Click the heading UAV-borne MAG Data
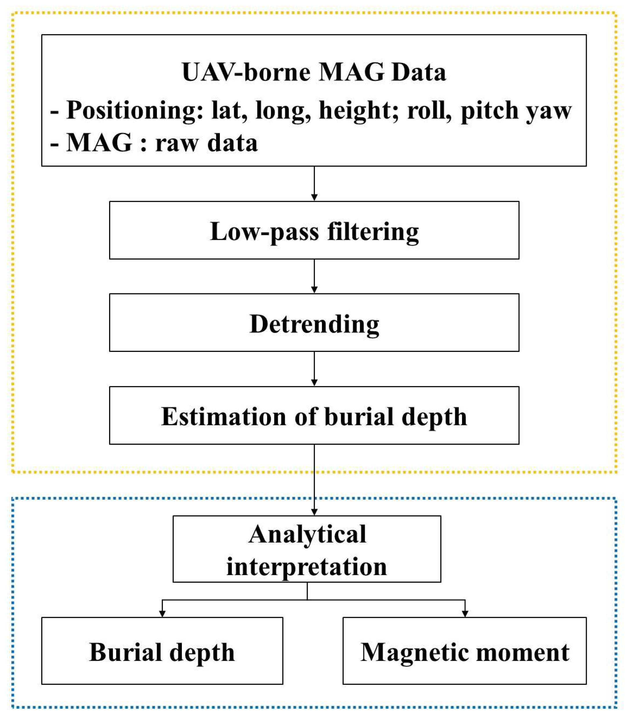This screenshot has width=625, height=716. coord(314,72)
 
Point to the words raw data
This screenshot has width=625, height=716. coord(206,143)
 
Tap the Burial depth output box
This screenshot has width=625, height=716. coord(162,652)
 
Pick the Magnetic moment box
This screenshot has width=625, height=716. coord(464,652)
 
